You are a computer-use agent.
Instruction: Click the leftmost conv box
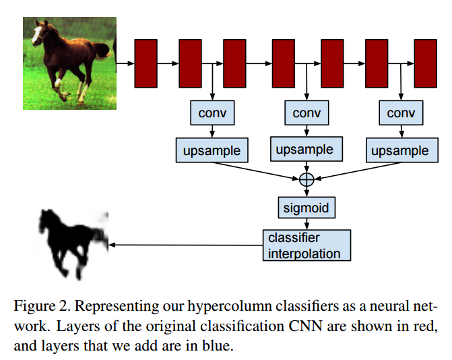pos(212,113)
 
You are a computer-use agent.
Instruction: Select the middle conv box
pos(306,113)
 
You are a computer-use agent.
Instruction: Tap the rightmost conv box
pos(401,113)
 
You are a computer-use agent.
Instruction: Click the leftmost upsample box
pos(212,150)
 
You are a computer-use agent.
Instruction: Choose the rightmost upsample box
pos(399,150)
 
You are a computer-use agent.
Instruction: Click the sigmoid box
pos(306,207)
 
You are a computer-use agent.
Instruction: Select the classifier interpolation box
pos(306,245)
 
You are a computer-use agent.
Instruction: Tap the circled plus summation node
pos(306,179)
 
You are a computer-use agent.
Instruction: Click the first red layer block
pos(146,63)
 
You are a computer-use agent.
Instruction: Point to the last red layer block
pos(425,63)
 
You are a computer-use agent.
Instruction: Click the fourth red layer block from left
pos(283,63)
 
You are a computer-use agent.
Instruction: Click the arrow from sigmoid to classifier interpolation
pos(306,223)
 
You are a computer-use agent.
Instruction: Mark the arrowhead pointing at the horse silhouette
pos(112,245)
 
